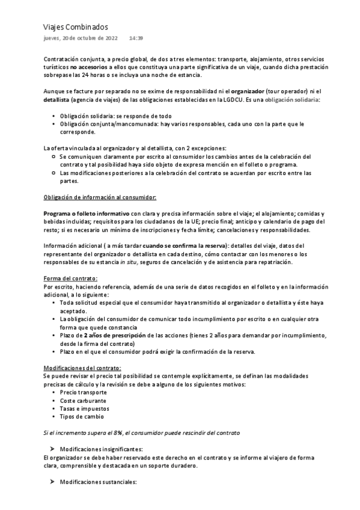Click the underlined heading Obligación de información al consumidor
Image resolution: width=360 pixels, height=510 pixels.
(100, 197)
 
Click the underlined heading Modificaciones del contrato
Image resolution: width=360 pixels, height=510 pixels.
(82, 367)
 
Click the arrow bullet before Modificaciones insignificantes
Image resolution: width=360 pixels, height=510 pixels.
(53, 449)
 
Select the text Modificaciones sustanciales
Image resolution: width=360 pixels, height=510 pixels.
(99, 482)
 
